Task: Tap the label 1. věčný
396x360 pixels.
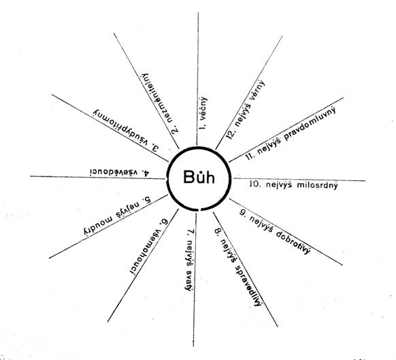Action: (x=203, y=113)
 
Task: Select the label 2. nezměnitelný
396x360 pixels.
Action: (x=160, y=103)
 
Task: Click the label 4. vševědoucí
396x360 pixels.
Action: (x=120, y=172)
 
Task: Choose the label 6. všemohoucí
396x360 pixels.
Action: (x=149, y=247)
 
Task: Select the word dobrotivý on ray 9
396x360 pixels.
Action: (x=293, y=242)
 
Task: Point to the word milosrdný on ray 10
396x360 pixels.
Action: (x=317, y=185)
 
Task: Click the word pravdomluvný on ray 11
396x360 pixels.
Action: (x=310, y=125)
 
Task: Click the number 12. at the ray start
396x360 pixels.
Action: (x=231, y=133)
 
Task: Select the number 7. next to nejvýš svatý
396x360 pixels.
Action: (x=191, y=233)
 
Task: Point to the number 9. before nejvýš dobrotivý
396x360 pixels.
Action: (x=243, y=213)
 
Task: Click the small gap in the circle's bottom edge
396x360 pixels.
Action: (x=199, y=209)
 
